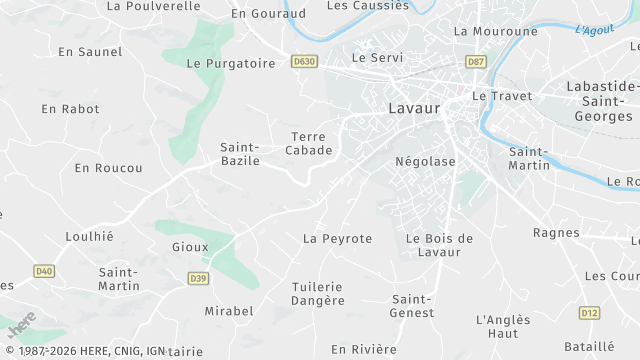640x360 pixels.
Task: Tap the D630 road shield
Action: coord(304,62)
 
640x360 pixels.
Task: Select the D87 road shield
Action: coord(476,62)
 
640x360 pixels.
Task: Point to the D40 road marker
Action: coord(43,271)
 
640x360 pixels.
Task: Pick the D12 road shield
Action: coord(589,314)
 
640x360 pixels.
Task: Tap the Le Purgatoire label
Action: coord(231,63)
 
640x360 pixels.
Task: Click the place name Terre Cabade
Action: coord(309,143)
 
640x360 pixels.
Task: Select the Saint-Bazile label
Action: coord(240,154)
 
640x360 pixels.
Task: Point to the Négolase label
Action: coord(425,161)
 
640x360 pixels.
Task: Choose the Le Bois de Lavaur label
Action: coord(439,245)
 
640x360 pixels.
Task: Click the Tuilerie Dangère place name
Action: coord(318,294)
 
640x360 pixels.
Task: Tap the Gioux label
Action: coord(190,247)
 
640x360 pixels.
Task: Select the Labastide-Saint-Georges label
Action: coord(600,101)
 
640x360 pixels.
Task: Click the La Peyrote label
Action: coord(337,239)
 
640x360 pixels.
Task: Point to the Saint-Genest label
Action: coord(413,306)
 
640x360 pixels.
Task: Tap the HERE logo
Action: coord(22,327)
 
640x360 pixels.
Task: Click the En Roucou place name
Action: coord(108,168)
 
